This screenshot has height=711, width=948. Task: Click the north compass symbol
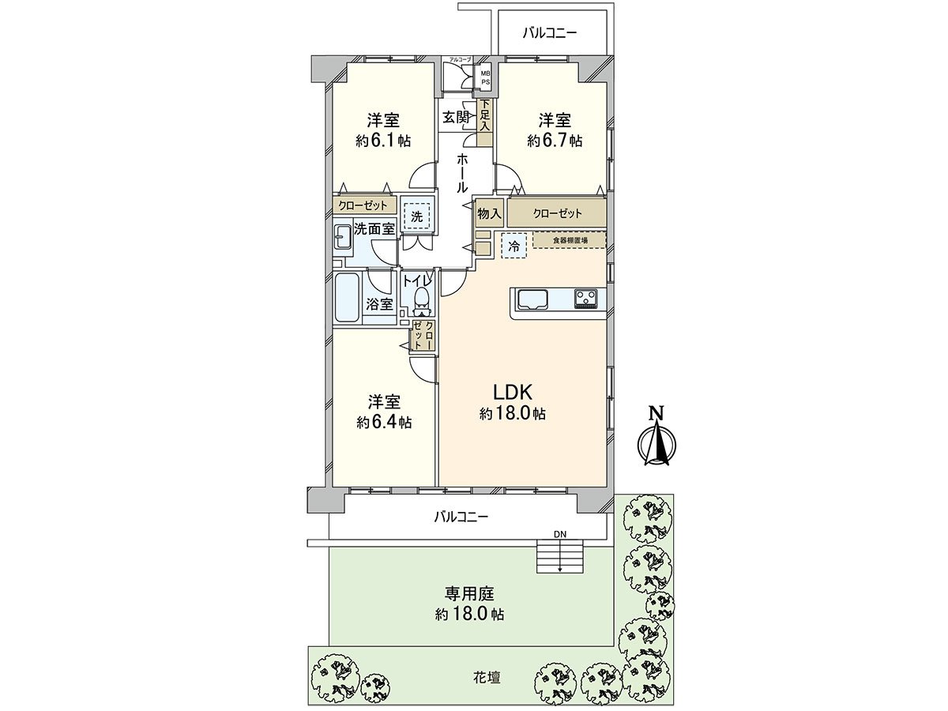pyautogui.click(x=655, y=443)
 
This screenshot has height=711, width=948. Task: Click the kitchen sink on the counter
pyautogui.click(x=533, y=299)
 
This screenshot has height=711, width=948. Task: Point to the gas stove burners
pyautogui.click(x=586, y=299)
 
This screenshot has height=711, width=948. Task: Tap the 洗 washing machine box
pyautogui.click(x=416, y=214)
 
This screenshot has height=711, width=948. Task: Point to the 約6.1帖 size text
pyautogui.click(x=383, y=141)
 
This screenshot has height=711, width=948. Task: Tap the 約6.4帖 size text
pyautogui.click(x=383, y=422)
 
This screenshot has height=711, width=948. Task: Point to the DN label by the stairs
pyautogui.click(x=560, y=535)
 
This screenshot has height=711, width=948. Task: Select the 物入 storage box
pyautogui.click(x=490, y=213)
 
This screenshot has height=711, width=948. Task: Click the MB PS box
pyautogui.click(x=487, y=77)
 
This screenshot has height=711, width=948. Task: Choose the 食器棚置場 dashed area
pyautogui.click(x=569, y=239)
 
